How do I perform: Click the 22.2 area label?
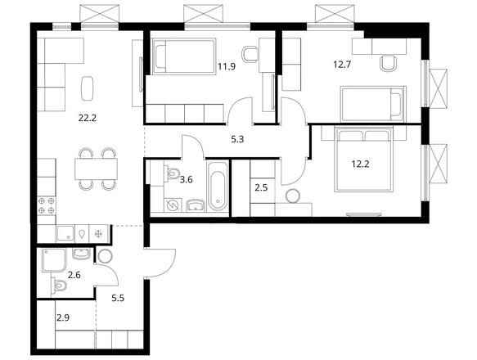pyautogui.click(x=88, y=118)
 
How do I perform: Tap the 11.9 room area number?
pyautogui.click(x=227, y=66)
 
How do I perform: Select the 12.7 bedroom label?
pyautogui.click(x=342, y=65)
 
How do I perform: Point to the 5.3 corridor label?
pyautogui.click(x=237, y=140)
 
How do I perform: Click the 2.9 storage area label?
pyautogui.click(x=63, y=318)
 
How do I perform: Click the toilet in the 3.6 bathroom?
pyautogui.click(x=172, y=173)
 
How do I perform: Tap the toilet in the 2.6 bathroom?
pyautogui.click(x=59, y=286)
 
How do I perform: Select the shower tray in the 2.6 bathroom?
pyautogui.click(x=54, y=260)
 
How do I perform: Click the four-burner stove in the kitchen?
pyautogui.click(x=47, y=205)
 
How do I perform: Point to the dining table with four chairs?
pyautogui.click(x=96, y=169)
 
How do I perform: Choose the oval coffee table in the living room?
pyautogui.click(x=88, y=88)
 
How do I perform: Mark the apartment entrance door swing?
pyautogui.click(x=161, y=263)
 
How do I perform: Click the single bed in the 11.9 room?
pyautogui.click(x=184, y=56)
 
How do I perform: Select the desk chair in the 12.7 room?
pyautogui.click(x=389, y=63)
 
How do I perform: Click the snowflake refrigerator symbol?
pyautogui.click(x=98, y=234)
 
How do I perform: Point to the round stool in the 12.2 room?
pyautogui.click(x=293, y=196)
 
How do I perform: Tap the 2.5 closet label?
pyautogui.click(x=261, y=187)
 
